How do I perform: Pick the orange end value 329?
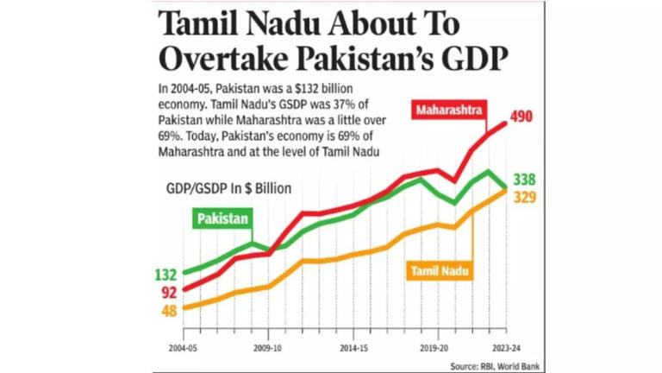pyautogui.click(x=523, y=198)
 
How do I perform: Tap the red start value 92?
pyautogui.click(x=169, y=293)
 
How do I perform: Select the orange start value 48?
pyautogui.click(x=169, y=311)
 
